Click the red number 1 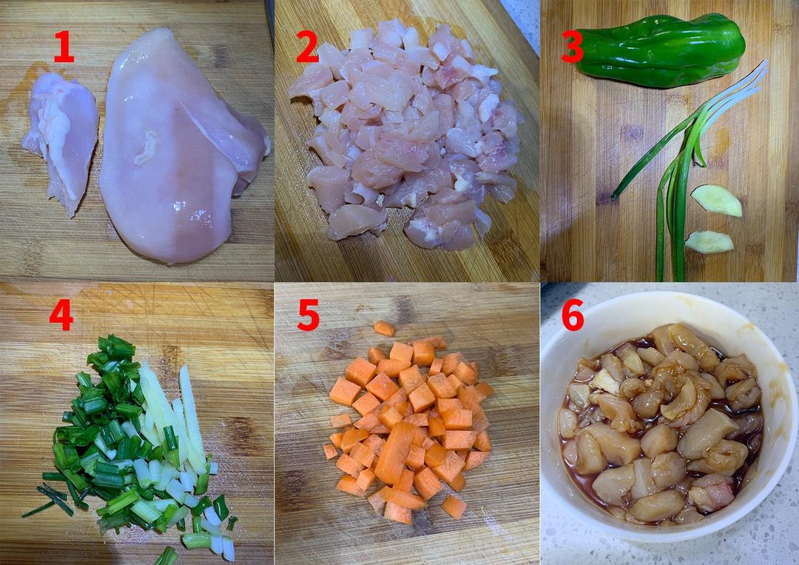coord(64,46)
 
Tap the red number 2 coord(307,46)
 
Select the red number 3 coord(572,46)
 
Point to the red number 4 coord(61,315)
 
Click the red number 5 coord(309,315)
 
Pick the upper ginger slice coord(716,201)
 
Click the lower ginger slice coord(709,242)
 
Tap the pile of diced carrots coord(408,428)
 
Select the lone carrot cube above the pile coord(384,328)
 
